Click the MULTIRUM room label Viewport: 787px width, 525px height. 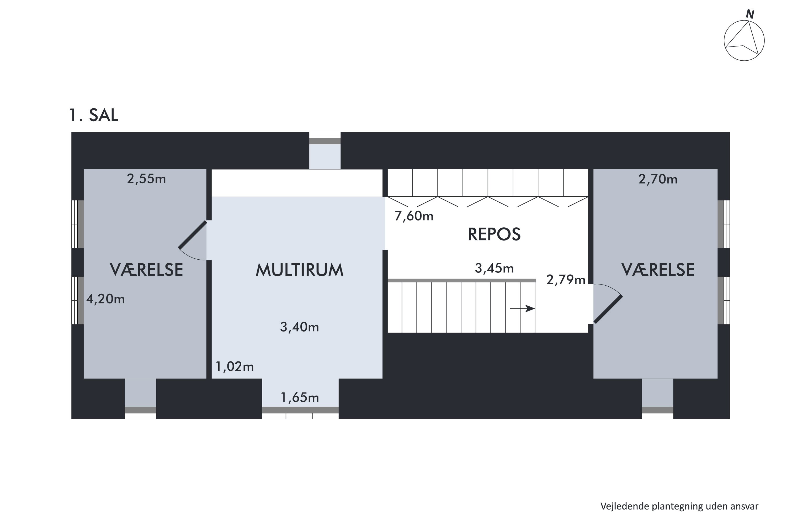pyautogui.click(x=300, y=270)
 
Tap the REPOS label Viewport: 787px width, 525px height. pyautogui.click(x=494, y=234)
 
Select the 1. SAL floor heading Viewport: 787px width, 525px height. pyautogui.click(x=94, y=115)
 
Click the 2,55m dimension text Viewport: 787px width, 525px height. pyautogui.click(x=146, y=179)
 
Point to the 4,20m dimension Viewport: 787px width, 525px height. pyautogui.click(x=105, y=299)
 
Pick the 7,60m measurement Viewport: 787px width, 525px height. pyautogui.click(x=414, y=216)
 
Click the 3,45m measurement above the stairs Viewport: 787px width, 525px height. pyautogui.click(x=494, y=268)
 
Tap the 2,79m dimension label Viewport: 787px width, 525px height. pyautogui.click(x=566, y=280)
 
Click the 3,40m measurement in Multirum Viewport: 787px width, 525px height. pyautogui.click(x=300, y=327)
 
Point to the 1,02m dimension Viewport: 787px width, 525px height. pyautogui.click(x=235, y=367)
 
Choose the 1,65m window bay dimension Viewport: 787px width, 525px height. pyautogui.click(x=300, y=397)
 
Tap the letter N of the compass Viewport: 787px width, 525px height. pyautogui.click(x=750, y=14)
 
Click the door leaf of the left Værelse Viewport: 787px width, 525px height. pyautogui.click(x=192, y=235)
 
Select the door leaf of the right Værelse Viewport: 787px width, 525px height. pyautogui.click(x=608, y=309)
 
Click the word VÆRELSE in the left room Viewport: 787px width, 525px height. pyautogui.click(x=146, y=270)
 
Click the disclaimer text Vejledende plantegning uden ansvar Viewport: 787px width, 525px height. pyautogui.click(x=679, y=506)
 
